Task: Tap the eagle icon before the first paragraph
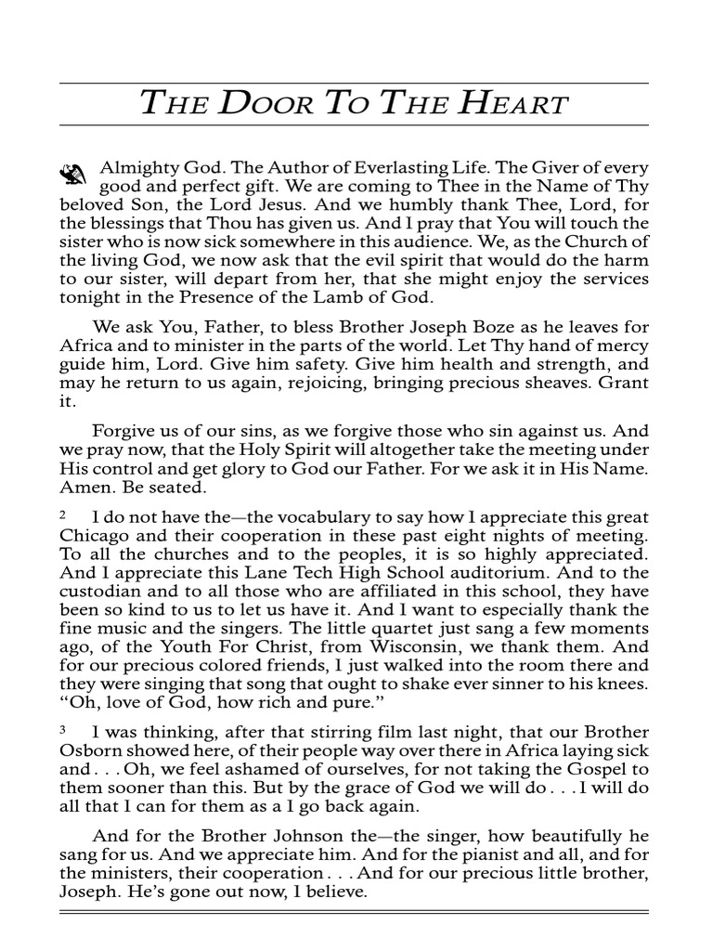click(73, 173)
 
